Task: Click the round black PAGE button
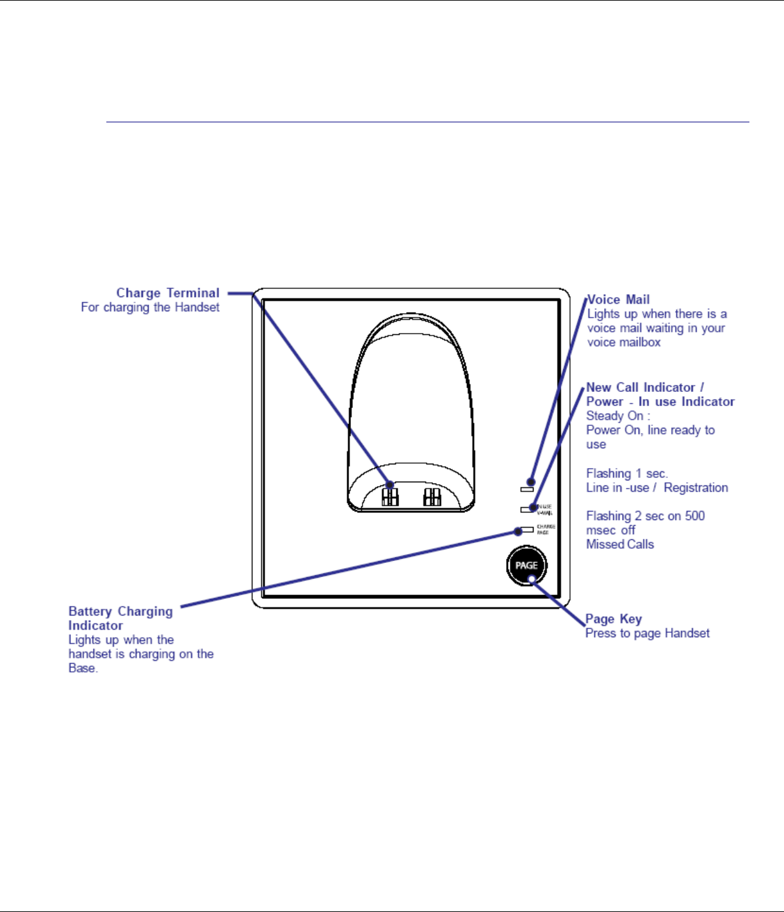[526, 565]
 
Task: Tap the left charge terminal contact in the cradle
[390, 496]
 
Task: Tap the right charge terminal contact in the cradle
[432, 496]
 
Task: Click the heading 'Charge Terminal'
[168, 293]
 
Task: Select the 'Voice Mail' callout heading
[619, 299]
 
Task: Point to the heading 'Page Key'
[614, 619]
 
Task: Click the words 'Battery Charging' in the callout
[120, 611]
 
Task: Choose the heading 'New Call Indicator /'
[645, 387]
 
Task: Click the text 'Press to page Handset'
[648, 633]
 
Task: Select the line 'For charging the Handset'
[150, 307]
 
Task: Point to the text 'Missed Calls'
[620, 544]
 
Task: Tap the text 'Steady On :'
[618, 416]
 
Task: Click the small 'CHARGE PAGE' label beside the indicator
[546, 530]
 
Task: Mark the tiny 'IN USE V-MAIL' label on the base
[546, 510]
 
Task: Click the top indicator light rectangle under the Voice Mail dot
[527, 489]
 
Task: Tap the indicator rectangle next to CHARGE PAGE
[528, 530]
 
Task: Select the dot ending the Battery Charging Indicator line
[517, 531]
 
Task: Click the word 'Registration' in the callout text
[696, 487]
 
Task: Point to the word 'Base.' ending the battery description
[83, 668]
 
